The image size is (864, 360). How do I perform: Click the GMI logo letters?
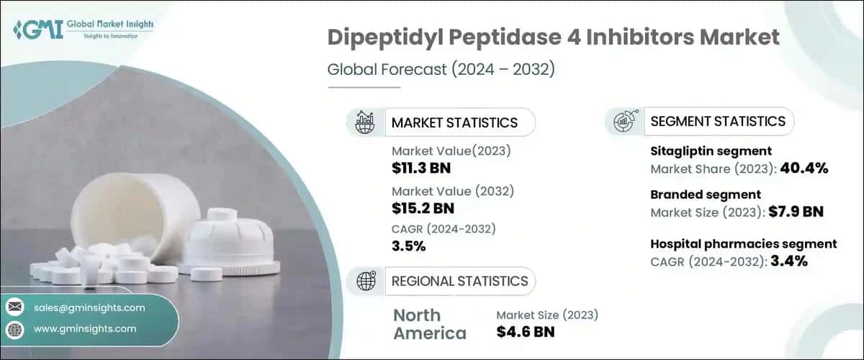(x=36, y=30)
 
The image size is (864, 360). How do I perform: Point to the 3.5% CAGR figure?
(x=409, y=246)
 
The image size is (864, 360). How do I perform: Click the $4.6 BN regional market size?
(x=526, y=332)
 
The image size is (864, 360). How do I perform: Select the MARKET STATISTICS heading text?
(x=454, y=122)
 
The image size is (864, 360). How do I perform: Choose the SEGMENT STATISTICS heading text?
(x=718, y=121)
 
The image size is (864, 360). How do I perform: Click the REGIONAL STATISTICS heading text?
(x=459, y=281)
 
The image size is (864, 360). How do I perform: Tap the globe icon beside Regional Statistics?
(x=365, y=281)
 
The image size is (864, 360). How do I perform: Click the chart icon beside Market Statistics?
(x=365, y=122)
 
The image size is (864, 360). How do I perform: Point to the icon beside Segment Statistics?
(x=624, y=121)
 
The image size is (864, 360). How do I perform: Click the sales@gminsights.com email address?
(x=89, y=307)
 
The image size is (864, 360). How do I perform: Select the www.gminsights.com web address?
(x=85, y=328)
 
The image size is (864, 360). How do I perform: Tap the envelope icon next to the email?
(x=14, y=307)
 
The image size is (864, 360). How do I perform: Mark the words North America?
(x=430, y=324)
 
